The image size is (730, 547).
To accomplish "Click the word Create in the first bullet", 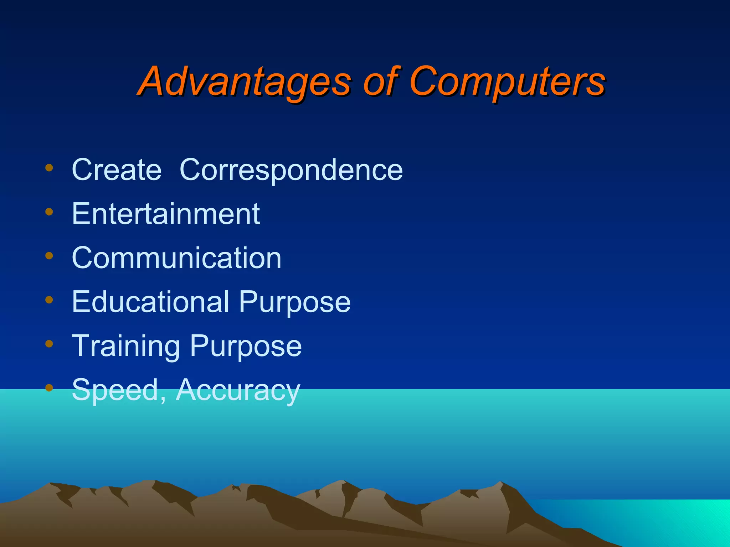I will coord(117,170).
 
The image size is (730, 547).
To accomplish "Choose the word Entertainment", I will coord(166,214).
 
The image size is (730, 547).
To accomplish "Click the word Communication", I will coord(176,257).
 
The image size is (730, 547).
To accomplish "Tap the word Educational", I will coord(150,302).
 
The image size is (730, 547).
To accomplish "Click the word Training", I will coord(126,346).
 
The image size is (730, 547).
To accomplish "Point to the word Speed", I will coord(115,390).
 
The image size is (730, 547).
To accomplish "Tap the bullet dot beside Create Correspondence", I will coord(49,168).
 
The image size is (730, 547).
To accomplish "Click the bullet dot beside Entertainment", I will coord(49,212).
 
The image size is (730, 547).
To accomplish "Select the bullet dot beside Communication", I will coord(49,256).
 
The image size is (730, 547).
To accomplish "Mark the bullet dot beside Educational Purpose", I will coord(49,300).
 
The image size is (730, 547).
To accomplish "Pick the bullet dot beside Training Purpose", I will coord(49,344).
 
